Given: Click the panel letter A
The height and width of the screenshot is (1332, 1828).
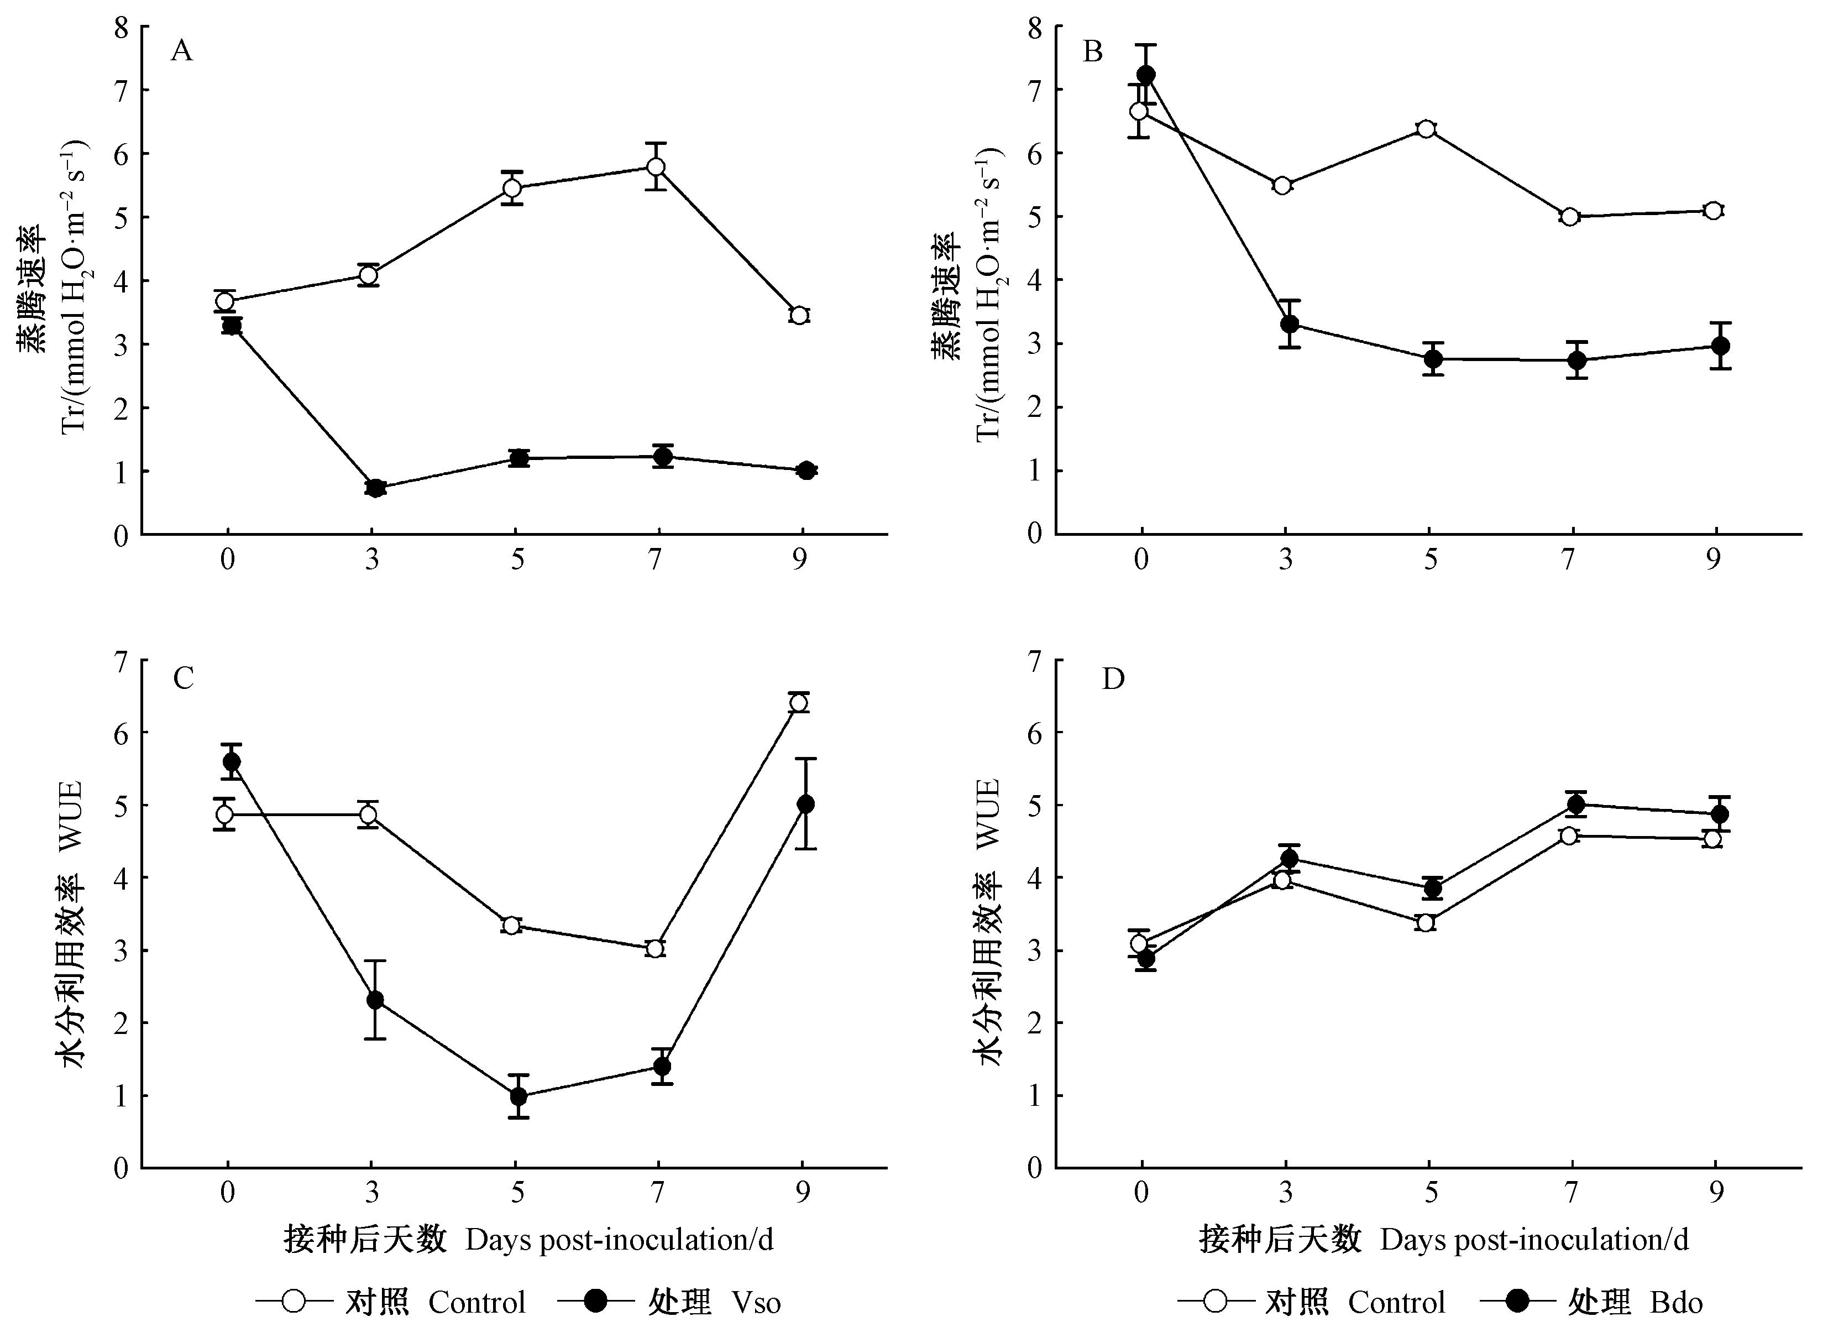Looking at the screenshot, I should click(x=182, y=51).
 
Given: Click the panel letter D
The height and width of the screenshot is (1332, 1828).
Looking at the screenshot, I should click(x=1113, y=680).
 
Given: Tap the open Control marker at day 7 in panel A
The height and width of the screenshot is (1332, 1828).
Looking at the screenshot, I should click(x=656, y=167).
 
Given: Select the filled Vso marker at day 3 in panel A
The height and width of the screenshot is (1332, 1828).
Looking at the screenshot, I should click(x=375, y=488).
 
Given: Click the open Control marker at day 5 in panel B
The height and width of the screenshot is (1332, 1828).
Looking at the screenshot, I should click(x=1426, y=129).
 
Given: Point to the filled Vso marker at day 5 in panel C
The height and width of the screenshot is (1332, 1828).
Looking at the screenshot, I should click(x=518, y=1096).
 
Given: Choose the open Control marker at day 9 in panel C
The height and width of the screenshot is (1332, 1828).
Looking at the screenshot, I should click(x=799, y=703).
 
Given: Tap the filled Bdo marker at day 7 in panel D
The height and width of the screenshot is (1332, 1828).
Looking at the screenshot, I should click(x=1576, y=804).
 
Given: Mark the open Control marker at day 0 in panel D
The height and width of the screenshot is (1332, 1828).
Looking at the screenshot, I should click(x=1139, y=943).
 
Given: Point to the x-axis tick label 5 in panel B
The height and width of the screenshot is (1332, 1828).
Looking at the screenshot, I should click(x=1430, y=560).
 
